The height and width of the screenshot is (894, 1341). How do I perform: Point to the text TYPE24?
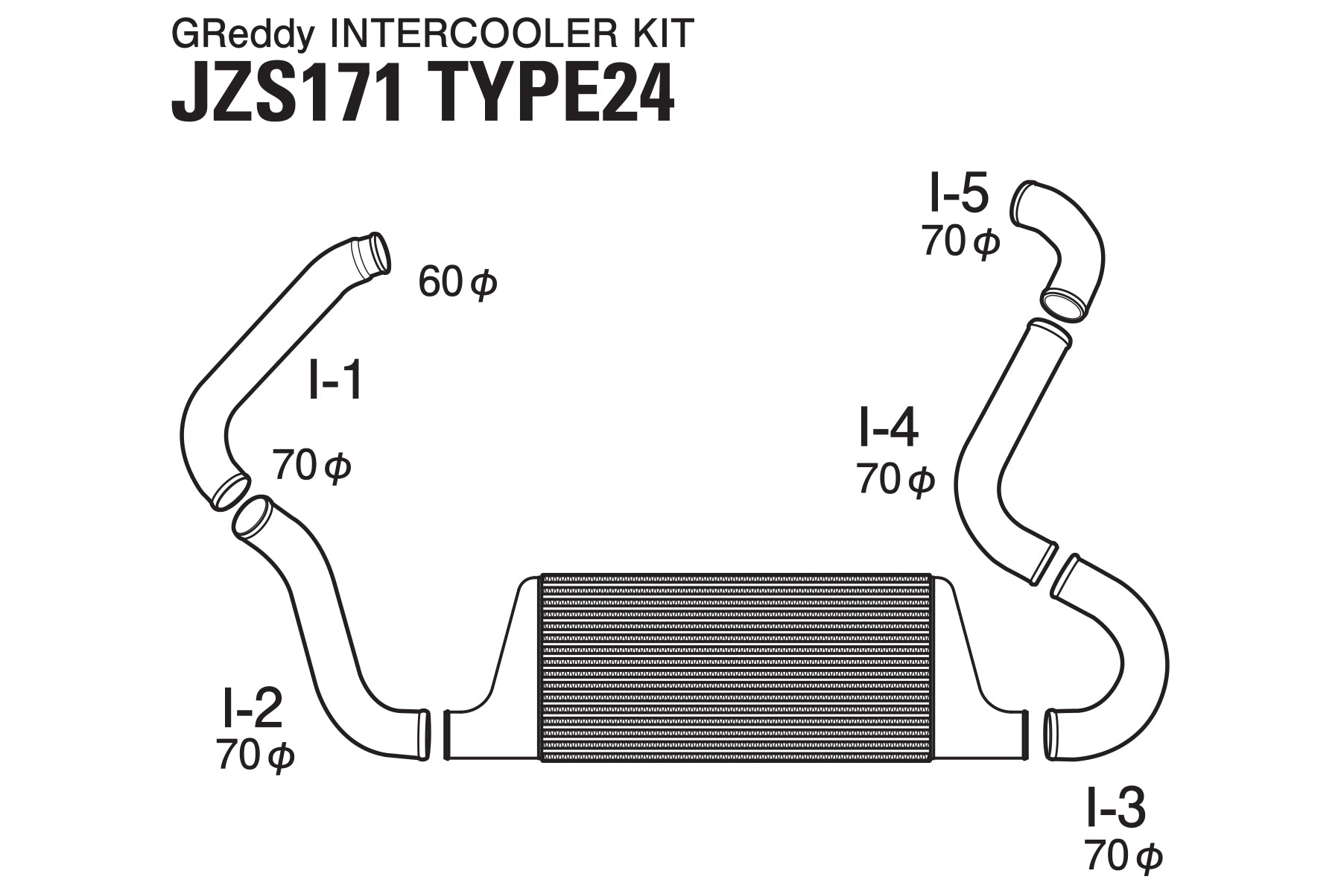pyautogui.click(x=555, y=97)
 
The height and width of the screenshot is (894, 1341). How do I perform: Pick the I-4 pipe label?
pyautogui.click(x=889, y=428)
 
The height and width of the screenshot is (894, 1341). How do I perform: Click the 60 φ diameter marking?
pyautogui.click(x=457, y=282)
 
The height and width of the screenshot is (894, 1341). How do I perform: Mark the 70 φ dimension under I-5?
pyautogui.click(x=960, y=241)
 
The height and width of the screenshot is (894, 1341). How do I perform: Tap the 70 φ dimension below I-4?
pyautogui.click(x=895, y=479)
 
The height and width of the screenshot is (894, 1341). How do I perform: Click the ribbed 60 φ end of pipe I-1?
pyautogui.click(x=370, y=257)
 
